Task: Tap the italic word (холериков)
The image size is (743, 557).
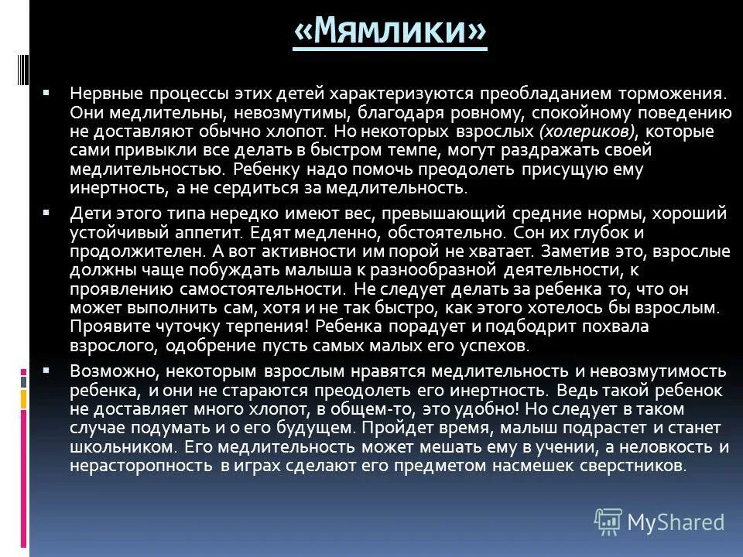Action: coord(591,131)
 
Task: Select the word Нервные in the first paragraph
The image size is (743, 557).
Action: coord(99,93)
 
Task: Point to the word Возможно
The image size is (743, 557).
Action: coord(104,371)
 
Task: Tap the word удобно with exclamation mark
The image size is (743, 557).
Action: coord(444,408)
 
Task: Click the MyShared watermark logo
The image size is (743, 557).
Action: coord(659,522)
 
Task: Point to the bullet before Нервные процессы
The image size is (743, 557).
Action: coord(47,92)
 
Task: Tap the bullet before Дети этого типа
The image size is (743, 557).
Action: coord(47,212)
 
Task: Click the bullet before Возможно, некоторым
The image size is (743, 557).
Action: coord(47,370)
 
